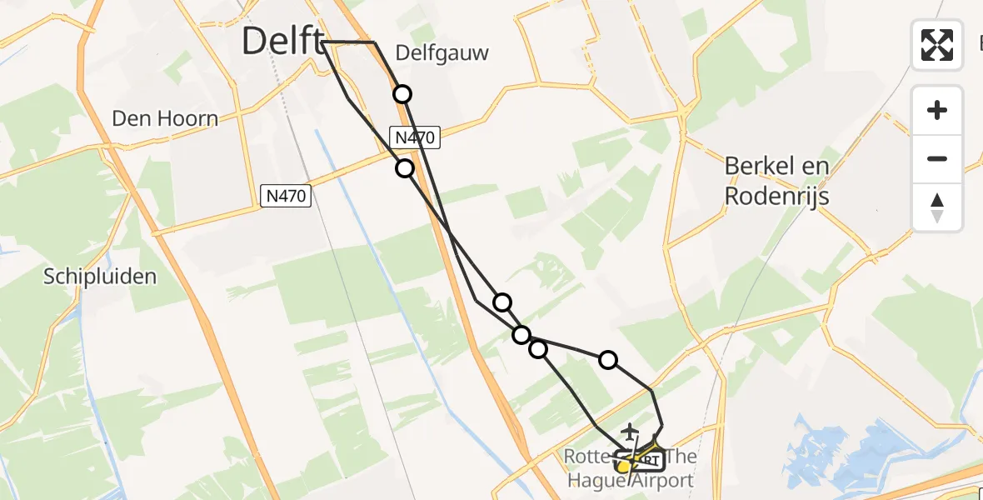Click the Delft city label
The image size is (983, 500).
tap(281, 41)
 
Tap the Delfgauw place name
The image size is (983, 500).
tap(442, 53)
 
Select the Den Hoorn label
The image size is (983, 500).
tap(165, 119)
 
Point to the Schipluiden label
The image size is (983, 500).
tap(100, 277)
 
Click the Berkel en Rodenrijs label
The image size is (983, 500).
tap(776, 181)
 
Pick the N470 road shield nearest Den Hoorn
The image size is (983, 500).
tap(286, 197)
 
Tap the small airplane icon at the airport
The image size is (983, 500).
tap(630, 430)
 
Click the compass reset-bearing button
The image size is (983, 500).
tap(937, 207)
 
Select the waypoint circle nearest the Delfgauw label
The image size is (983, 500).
tap(402, 94)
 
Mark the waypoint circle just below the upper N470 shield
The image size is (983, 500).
tap(405, 168)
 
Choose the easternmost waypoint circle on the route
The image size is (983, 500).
tap(608, 360)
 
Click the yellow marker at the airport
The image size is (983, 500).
tap(623, 467)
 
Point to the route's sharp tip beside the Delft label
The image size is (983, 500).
tap(322, 42)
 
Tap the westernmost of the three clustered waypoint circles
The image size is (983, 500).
tap(501, 302)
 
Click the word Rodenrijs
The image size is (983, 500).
tap(776, 197)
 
